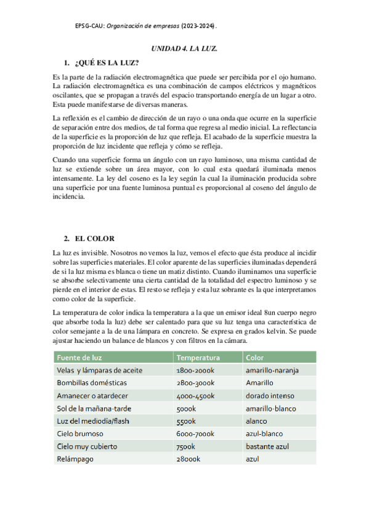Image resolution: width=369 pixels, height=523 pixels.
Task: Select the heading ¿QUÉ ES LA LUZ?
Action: [106, 64]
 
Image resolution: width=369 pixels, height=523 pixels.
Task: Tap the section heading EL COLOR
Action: [94, 238]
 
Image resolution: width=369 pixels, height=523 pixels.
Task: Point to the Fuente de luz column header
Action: [79, 358]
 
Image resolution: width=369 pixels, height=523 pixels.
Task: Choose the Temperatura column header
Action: [198, 358]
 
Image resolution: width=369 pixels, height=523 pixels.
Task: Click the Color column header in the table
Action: [254, 358]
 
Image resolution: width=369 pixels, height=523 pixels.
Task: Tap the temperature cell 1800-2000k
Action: [195, 370]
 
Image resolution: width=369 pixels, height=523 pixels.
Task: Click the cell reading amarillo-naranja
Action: [272, 370]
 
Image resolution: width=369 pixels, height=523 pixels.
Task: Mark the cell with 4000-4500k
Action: [195, 395]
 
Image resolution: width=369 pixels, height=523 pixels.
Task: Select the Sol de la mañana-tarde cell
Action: [94, 408]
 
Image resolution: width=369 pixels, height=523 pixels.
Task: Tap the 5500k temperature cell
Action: [186, 421]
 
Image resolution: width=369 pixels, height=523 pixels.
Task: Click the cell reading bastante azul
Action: [267, 447]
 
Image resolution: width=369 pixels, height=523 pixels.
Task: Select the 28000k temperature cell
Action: [188, 459]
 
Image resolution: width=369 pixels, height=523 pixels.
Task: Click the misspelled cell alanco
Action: [257, 421]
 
